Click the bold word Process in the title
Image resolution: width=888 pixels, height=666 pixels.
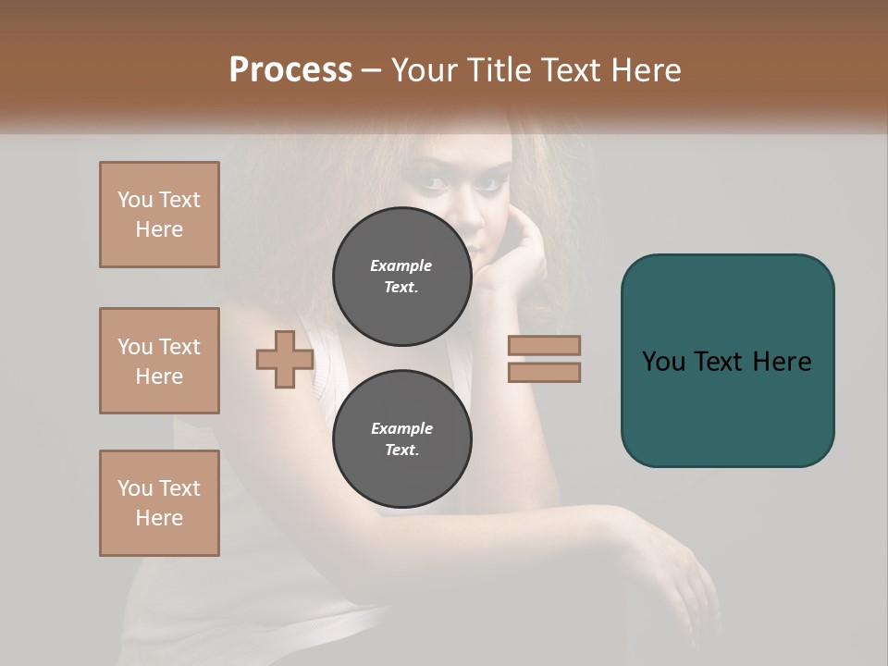click(x=290, y=69)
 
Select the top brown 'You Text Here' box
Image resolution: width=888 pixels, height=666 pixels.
click(x=159, y=215)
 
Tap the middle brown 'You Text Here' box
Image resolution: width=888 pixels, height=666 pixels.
click(x=159, y=361)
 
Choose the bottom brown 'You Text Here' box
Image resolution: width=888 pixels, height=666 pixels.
click(x=159, y=503)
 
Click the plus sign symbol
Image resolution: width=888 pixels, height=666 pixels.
click(x=284, y=360)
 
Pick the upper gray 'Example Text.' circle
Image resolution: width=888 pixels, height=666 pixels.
click(x=401, y=276)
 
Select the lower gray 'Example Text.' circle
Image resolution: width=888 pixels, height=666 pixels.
click(x=401, y=438)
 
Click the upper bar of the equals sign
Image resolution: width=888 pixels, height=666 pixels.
click(x=544, y=345)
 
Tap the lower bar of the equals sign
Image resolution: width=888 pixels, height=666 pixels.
click(x=544, y=372)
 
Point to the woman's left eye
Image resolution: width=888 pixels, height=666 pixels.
click(x=487, y=183)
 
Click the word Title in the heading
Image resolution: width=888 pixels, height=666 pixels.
click(x=499, y=69)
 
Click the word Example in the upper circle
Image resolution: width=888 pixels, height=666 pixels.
click(x=401, y=265)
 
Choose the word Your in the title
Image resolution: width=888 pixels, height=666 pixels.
click(x=425, y=69)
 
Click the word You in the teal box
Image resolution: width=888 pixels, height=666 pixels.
click(x=663, y=361)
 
